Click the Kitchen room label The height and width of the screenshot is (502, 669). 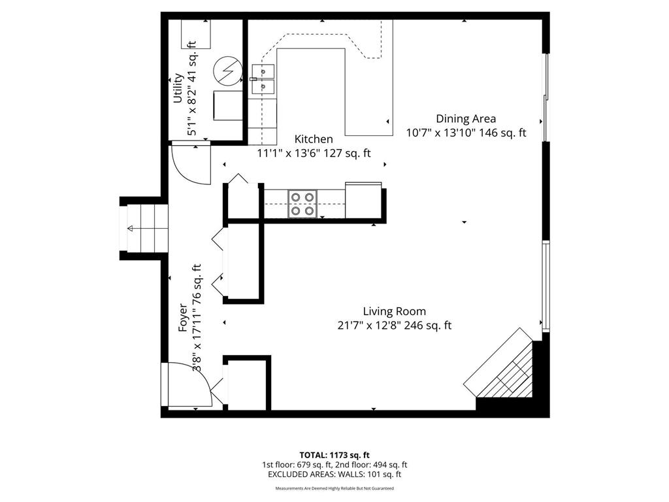[314, 139]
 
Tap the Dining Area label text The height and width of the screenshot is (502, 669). [466, 119]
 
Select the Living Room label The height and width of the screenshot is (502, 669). [394, 312]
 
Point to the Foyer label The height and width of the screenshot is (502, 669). [184, 318]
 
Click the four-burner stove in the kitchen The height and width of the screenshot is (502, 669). [302, 203]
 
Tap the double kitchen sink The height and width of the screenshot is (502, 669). [263, 78]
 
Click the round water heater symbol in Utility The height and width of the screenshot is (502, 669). [227, 70]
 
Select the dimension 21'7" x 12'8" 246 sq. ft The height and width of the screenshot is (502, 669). [394, 326]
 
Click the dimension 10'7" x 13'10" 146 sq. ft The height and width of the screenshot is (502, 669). [466, 133]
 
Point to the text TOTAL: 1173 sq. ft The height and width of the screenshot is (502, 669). [334, 454]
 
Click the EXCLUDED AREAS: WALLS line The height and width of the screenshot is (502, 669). [334, 475]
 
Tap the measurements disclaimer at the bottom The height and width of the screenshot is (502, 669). [334, 488]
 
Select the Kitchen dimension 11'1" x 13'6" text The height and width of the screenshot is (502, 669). [314, 154]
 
